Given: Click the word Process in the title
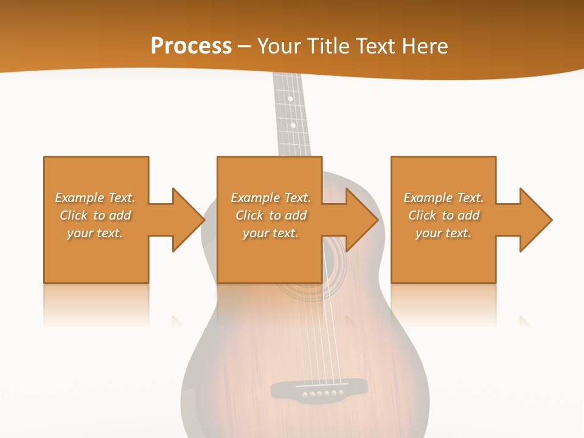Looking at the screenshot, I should point(191,46).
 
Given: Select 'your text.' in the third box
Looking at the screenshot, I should point(443,233).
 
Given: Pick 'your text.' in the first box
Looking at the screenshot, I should point(95,233).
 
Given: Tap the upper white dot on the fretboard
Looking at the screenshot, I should point(290,99).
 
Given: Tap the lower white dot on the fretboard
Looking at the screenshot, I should point(293,125).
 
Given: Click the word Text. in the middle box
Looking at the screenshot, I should point(296,198).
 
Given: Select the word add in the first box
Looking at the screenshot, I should point(120,215).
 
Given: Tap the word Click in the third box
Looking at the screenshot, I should point(422,215).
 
